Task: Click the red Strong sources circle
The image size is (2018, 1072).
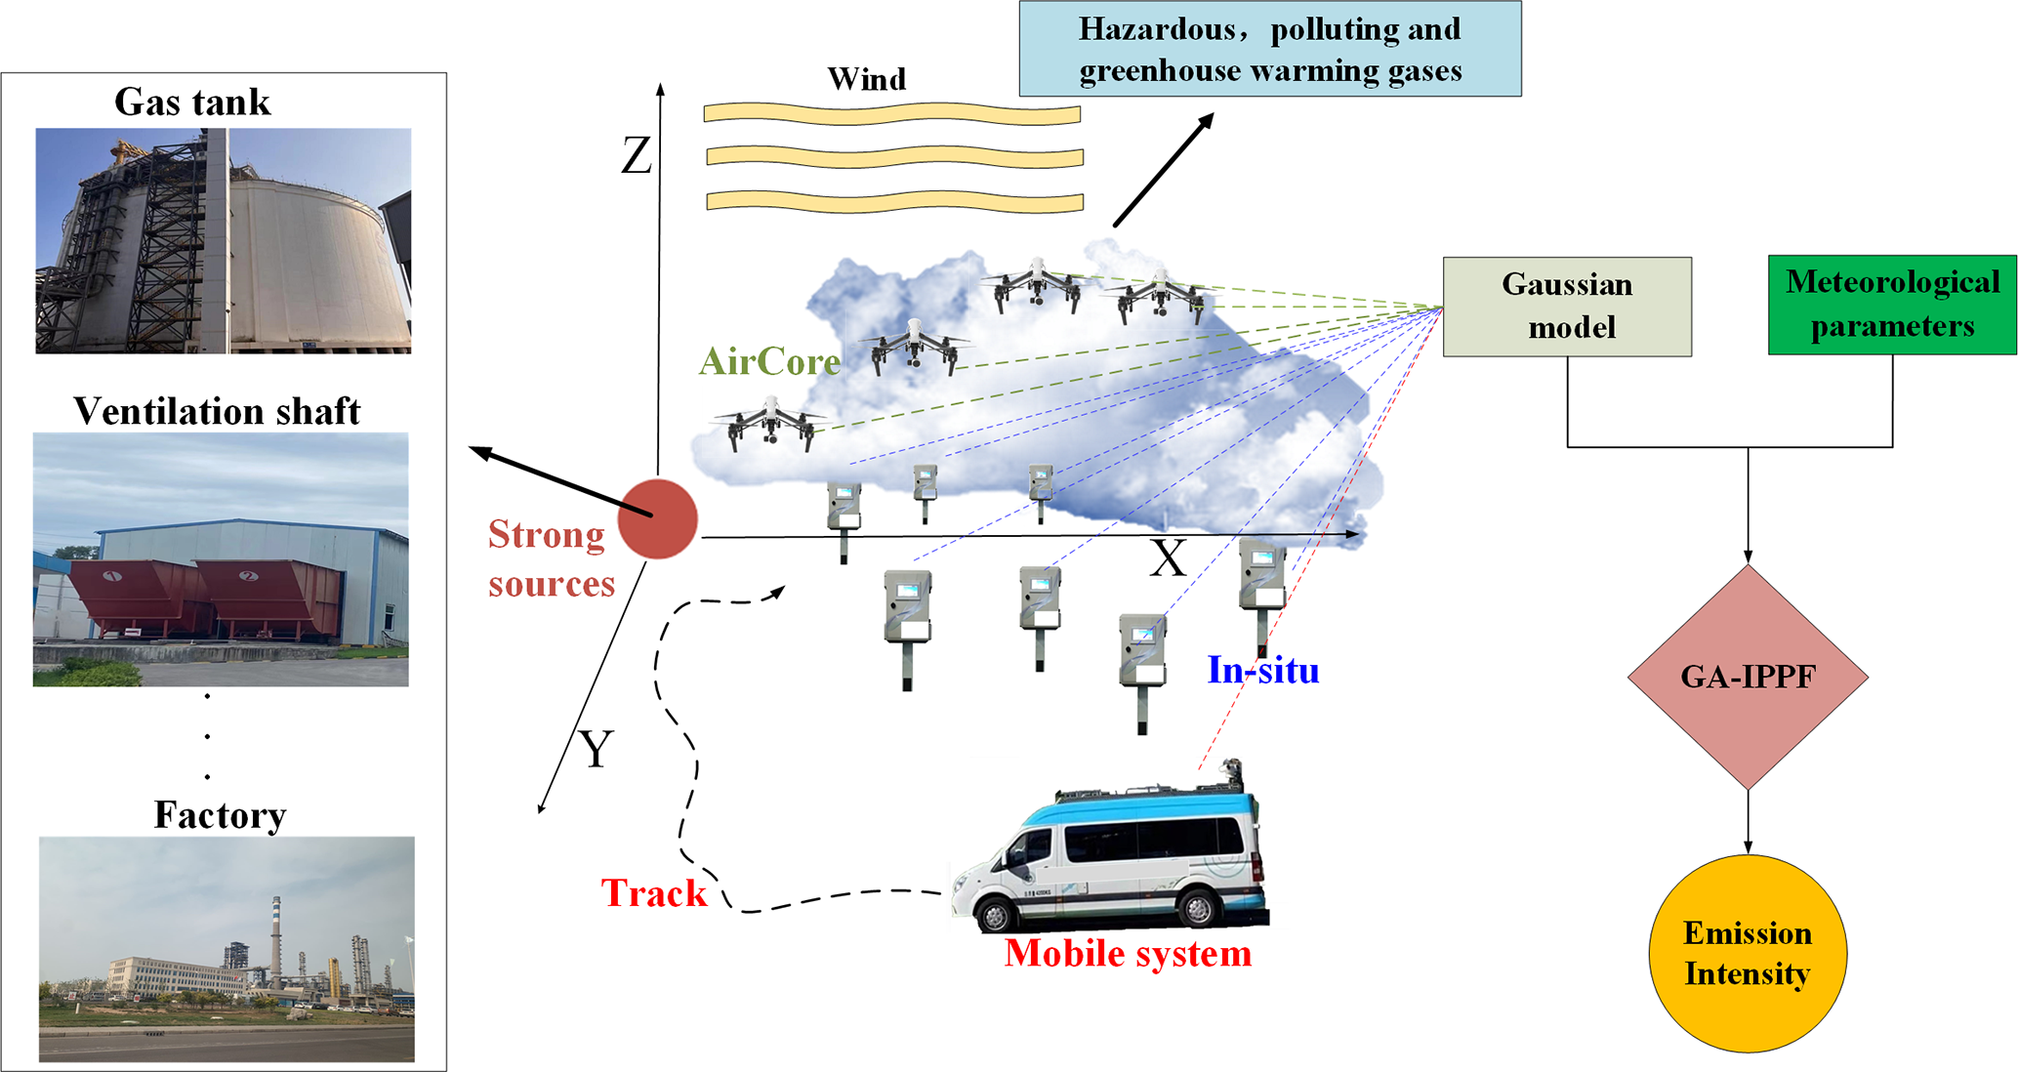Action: pos(658,518)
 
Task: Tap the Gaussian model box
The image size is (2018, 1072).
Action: pos(1566,307)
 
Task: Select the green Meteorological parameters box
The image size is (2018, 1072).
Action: pos(1891,305)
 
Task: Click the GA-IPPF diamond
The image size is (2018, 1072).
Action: pos(1748,677)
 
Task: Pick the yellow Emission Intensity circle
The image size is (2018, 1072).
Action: pos(1747,953)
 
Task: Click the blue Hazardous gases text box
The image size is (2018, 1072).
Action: pos(1269,49)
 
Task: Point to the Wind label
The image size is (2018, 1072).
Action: pos(866,79)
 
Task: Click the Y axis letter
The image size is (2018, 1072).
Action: pos(596,750)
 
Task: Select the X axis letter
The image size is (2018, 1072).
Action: pos(1167,559)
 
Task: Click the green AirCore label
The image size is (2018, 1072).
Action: pos(769,362)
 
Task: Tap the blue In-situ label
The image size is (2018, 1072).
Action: pos(1262,670)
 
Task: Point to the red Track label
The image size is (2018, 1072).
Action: pos(653,893)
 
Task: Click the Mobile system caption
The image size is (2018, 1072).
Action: pos(1128,954)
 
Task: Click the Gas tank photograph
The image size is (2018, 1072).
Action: pos(223,240)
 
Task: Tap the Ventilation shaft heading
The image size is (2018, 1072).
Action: pos(217,412)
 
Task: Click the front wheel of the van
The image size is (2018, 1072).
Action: pos(995,916)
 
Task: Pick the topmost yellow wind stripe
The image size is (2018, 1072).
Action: pos(891,114)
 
